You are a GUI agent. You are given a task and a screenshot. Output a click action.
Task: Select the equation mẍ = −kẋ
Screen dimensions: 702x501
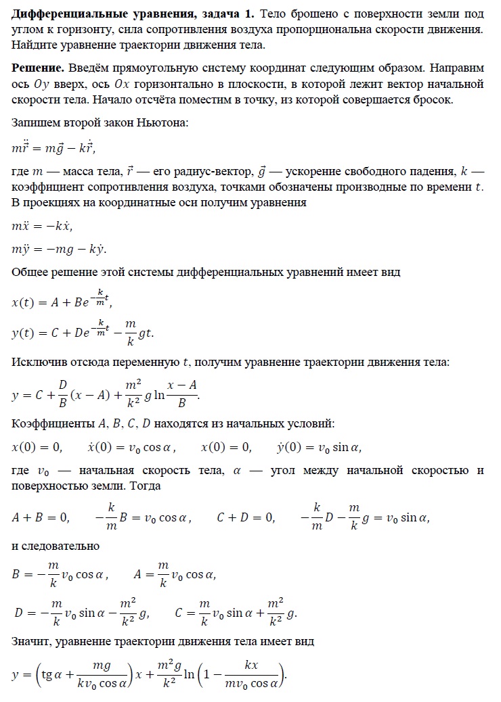coord(43,225)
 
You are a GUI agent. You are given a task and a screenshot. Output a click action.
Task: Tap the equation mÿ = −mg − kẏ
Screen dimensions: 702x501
coord(60,248)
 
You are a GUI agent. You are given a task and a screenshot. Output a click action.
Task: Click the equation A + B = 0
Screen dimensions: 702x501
coord(41,518)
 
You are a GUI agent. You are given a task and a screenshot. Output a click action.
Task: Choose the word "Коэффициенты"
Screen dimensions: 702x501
coord(50,424)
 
